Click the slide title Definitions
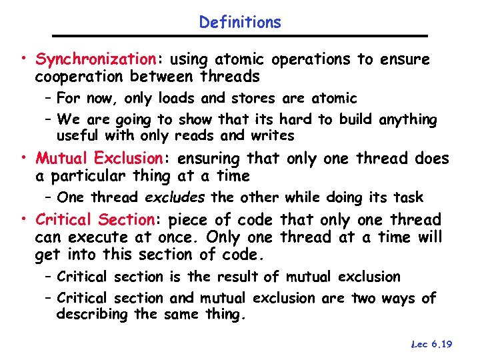click(x=240, y=22)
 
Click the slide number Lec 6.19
click(x=432, y=344)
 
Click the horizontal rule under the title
click(x=240, y=35)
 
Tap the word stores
click(x=252, y=99)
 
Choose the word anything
click(x=407, y=120)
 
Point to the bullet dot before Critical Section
click(x=24, y=220)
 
